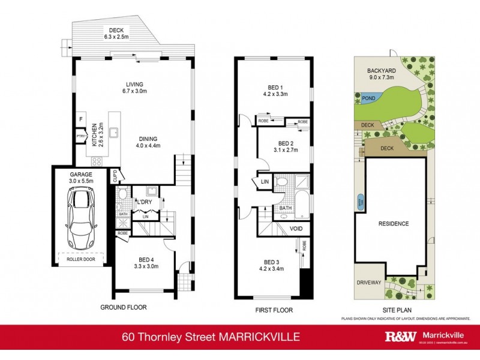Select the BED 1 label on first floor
(x=274, y=89)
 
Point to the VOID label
(x=296, y=229)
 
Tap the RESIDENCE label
(x=393, y=224)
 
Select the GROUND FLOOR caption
(x=124, y=308)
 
